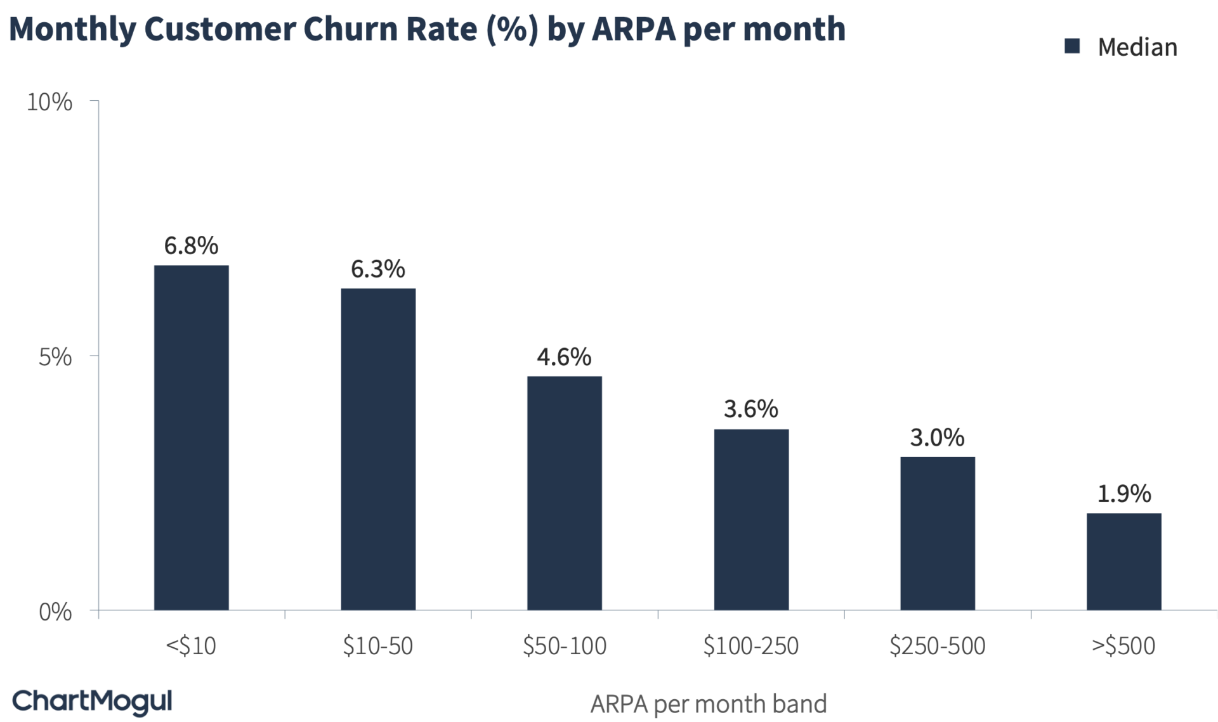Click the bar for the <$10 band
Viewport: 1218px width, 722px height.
click(x=191, y=437)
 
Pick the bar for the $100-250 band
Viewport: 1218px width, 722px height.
click(x=751, y=520)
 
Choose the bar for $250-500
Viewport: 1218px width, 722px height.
click(x=937, y=533)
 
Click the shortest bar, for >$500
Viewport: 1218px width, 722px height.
click(x=1123, y=562)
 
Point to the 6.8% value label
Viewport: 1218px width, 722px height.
click(x=191, y=245)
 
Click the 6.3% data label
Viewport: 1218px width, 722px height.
click(x=378, y=269)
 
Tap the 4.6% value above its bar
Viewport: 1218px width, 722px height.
click(x=564, y=357)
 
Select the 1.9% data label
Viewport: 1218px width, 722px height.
click(x=1123, y=493)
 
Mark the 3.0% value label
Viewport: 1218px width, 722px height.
click(x=937, y=437)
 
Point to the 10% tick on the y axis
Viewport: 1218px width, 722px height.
click(x=49, y=101)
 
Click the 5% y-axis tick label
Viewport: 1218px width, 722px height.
click(x=55, y=357)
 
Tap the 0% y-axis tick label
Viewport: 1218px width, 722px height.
click(x=55, y=612)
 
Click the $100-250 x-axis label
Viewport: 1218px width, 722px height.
click(x=751, y=646)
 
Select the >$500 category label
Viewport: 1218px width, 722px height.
click(x=1123, y=646)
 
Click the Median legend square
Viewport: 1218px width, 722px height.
click(x=1072, y=46)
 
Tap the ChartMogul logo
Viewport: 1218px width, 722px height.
click(x=93, y=702)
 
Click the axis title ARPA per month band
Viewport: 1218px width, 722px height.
click(x=709, y=704)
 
